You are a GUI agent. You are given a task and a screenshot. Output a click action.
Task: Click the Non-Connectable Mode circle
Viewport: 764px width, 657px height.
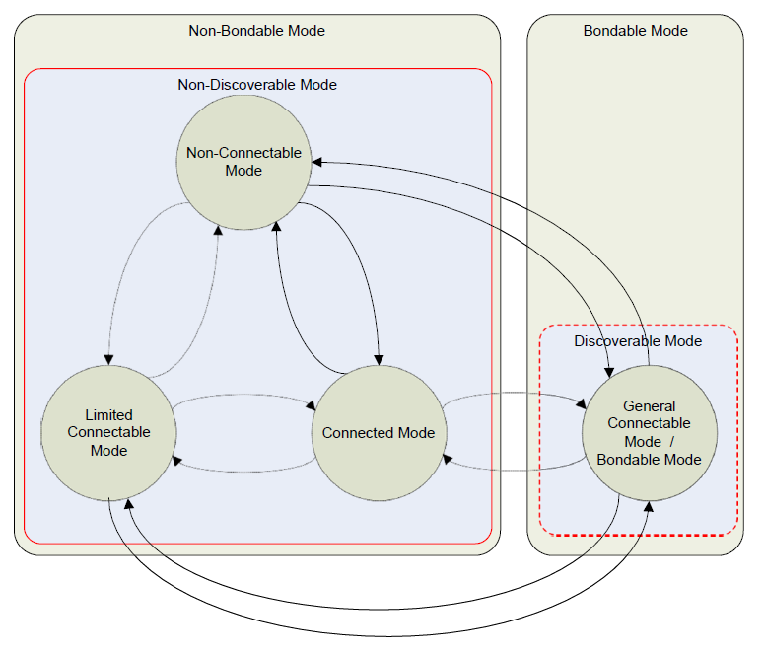(243, 162)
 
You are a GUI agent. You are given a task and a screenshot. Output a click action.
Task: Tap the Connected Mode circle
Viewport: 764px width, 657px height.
(379, 433)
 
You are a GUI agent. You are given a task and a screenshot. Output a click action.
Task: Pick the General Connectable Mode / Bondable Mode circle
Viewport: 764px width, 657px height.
(649, 432)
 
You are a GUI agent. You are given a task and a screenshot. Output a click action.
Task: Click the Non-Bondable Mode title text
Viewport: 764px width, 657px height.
(256, 31)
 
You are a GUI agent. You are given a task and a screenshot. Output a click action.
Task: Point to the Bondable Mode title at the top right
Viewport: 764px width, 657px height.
(635, 31)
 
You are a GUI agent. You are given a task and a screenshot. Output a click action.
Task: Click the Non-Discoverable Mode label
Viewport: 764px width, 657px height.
(257, 85)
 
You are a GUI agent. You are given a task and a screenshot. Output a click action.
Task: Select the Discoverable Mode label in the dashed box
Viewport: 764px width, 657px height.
(638, 341)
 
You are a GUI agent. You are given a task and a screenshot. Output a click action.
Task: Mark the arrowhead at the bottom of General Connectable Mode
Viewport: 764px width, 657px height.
(648, 505)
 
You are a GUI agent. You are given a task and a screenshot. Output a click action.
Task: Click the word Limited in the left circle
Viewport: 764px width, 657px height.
(108, 415)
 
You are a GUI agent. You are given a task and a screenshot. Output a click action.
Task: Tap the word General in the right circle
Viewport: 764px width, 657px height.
(650, 406)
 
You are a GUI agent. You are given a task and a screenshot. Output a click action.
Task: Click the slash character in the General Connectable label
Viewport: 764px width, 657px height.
(671, 442)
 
